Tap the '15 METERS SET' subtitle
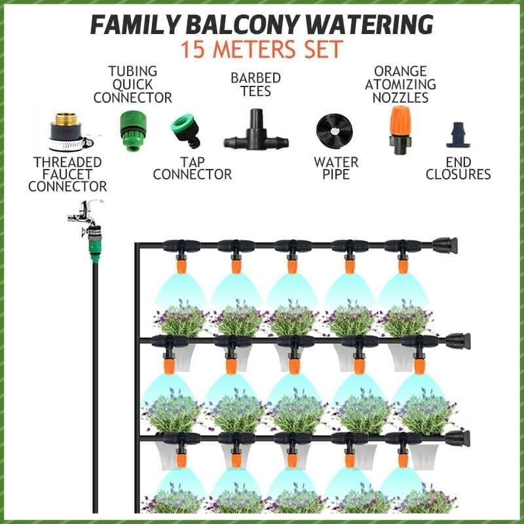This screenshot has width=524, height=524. click(x=262, y=50)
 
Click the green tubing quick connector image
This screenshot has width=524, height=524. click(x=132, y=130)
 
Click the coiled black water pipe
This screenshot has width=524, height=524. click(x=335, y=132)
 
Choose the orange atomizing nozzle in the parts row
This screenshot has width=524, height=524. click(x=398, y=129)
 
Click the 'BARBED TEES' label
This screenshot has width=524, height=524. click(x=255, y=84)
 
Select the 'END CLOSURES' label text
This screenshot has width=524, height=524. click(x=458, y=168)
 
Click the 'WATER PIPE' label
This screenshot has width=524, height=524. click(x=336, y=168)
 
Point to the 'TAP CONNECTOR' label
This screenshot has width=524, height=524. click(x=192, y=168)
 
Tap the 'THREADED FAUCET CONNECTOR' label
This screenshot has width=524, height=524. click(x=67, y=174)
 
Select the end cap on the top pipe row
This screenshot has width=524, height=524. click(x=445, y=246)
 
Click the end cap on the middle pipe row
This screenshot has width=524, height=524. click(x=457, y=341)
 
